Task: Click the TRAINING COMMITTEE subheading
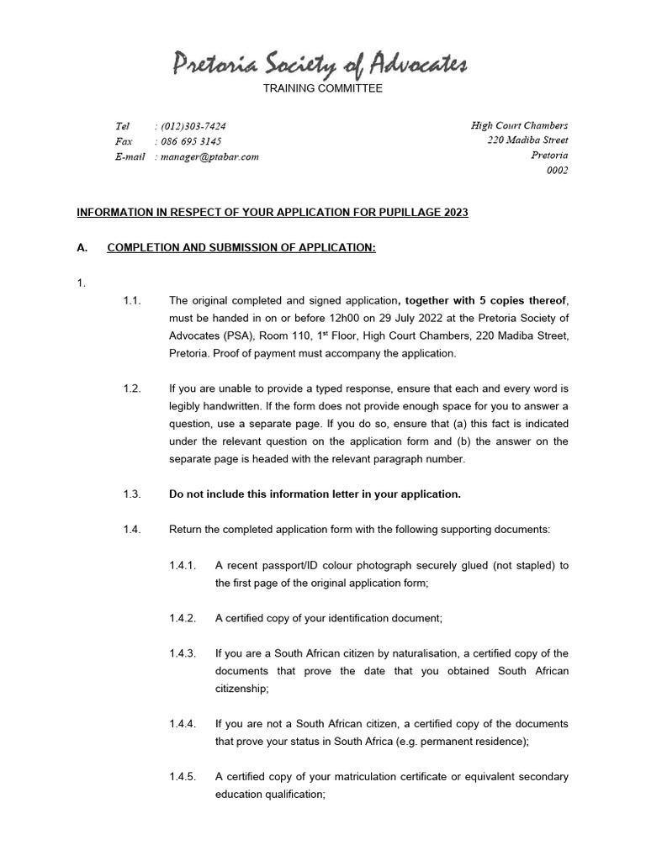coord(323,88)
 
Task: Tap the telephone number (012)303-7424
coord(193,125)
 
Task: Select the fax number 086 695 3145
coord(191,141)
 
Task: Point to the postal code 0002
coord(557,171)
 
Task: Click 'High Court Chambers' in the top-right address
coord(519,125)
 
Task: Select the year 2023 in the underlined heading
coord(454,213)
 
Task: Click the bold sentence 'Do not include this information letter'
coord(315,494)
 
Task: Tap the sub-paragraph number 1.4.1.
coord(183,564)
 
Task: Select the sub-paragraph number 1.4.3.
coord(183,653)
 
